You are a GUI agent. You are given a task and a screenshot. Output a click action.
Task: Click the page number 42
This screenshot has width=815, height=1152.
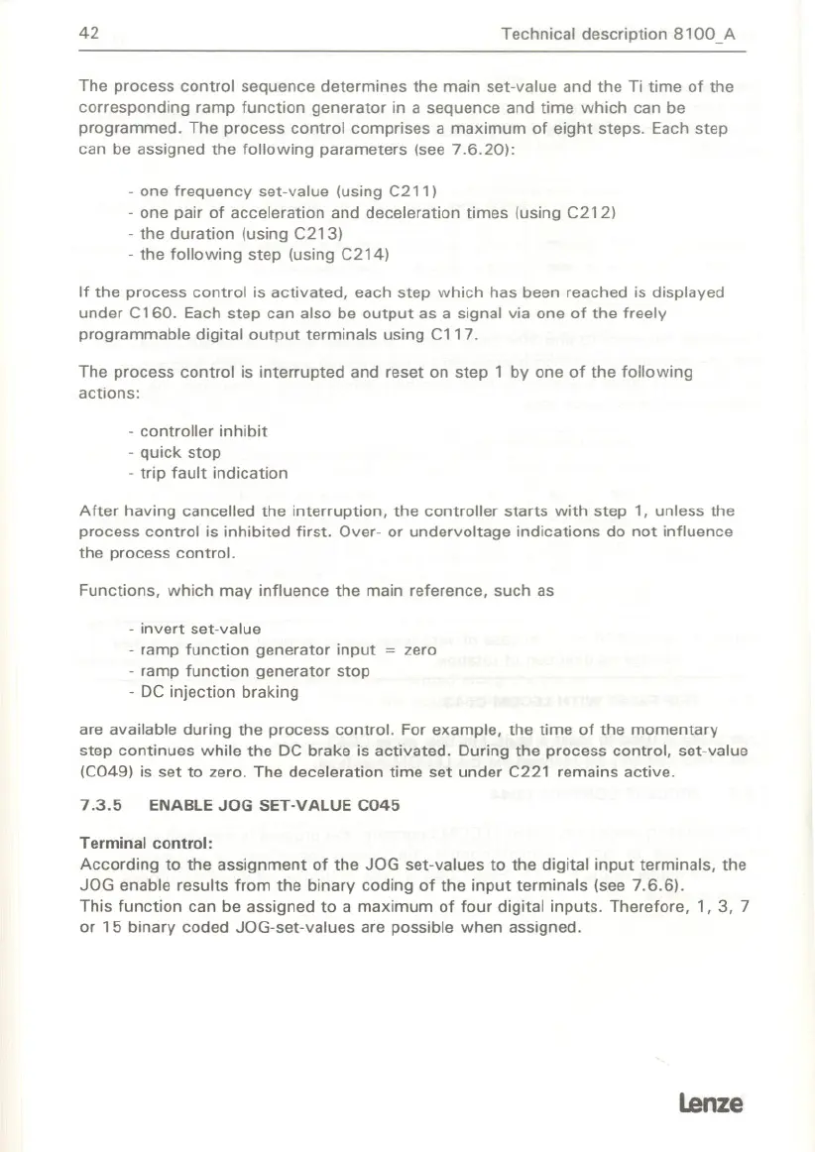(x=91, y=34)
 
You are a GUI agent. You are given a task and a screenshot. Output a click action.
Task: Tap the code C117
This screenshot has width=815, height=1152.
(x=457, y=334)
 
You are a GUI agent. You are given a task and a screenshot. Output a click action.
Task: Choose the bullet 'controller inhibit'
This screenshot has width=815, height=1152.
(x=203, y=432)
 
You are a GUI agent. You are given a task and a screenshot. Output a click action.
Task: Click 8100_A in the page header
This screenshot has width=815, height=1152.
(x=709, y=34)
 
